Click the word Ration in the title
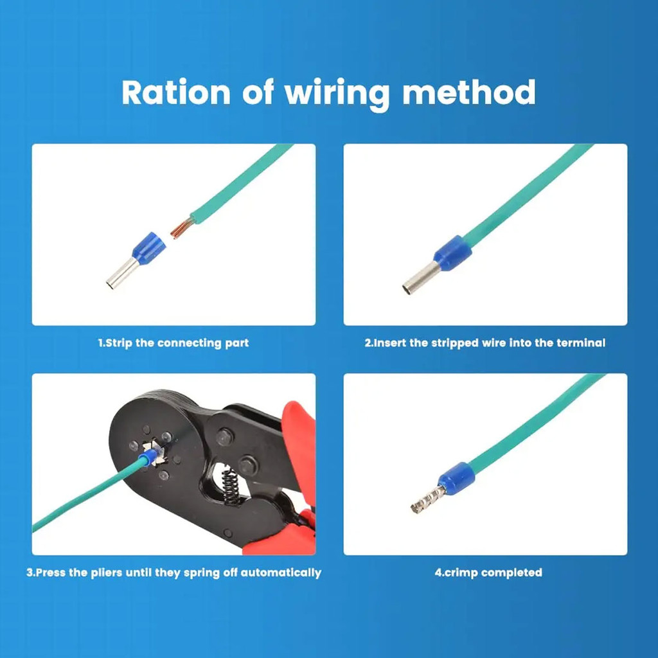175,93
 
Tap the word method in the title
468,93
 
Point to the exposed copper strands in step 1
181,227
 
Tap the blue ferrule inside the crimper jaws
150,458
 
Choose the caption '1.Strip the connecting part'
173,343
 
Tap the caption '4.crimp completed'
488,573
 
